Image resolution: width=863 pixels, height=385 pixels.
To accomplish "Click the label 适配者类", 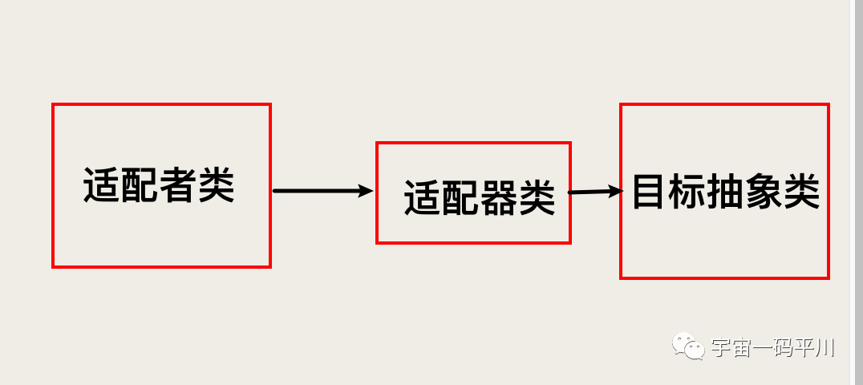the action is (x=159, y=185).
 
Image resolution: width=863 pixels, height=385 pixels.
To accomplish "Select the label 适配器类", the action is (x=480, y=197).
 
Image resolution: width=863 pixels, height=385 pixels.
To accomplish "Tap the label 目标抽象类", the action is (x=726, y=192).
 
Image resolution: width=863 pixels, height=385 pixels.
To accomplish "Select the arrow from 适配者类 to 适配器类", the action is (x=323, y=191).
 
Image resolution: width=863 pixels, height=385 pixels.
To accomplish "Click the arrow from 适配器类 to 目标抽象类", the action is (x=595, y=192).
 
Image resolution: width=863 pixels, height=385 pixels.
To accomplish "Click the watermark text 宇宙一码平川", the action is (x=772, y=348).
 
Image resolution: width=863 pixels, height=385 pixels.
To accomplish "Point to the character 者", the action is (x=178, y=185).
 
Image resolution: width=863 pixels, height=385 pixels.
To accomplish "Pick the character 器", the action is (x=499, y=197).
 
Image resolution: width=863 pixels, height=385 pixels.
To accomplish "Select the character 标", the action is (x=687, y=192).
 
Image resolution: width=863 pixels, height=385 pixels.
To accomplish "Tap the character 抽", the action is (x=725, y=192).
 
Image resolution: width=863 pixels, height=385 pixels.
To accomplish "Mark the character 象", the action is (x=764, y=192).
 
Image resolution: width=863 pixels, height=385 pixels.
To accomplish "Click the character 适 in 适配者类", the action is (x=102, y=185).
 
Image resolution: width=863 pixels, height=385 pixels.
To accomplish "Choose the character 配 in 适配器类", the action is (x=460, y=198).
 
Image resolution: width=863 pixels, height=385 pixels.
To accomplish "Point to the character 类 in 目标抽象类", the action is (x=802, y=192).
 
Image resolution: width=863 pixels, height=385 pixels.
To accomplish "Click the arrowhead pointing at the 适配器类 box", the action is (x=367, y=191).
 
